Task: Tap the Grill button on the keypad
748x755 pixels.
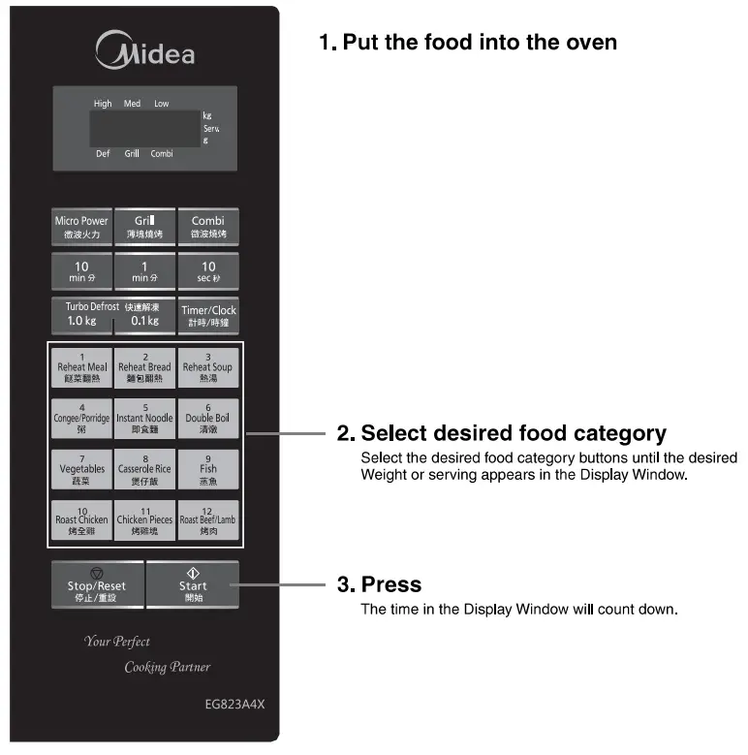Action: coord(144,227)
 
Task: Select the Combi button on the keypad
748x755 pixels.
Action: coord(207,227)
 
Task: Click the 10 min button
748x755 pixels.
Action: coord(81,271)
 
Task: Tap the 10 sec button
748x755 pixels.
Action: coord(207,271)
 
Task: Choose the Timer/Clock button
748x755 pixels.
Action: coord(208,315)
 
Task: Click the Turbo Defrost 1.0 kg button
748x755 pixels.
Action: coord(81,315)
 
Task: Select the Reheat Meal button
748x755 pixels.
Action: coord(82,368)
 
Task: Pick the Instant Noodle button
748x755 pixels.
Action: coord(145,418)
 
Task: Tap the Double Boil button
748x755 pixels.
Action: coord(207,418)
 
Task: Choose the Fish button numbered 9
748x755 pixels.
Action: coord(207,469)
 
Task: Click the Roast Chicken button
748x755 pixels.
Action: coord(82,520)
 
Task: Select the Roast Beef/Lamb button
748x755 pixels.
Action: coord(207,520)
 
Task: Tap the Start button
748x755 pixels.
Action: coord(193,585)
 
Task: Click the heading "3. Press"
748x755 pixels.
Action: coord(379,584)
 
